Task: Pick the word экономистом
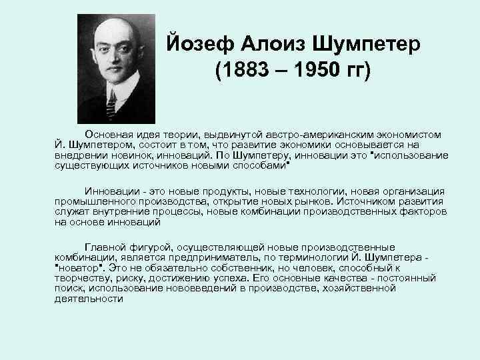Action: (x=412, y=135)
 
